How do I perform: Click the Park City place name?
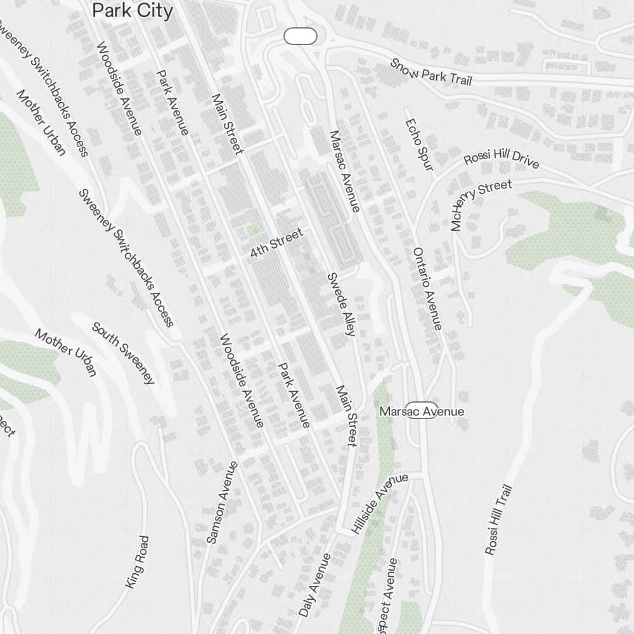133,11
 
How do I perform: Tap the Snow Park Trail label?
431,72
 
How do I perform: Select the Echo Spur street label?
419,145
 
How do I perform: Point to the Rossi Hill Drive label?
501,160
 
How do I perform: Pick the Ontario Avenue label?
427,288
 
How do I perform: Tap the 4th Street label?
276,243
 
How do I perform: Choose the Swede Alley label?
340,304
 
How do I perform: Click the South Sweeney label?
123,353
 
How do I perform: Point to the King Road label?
138,562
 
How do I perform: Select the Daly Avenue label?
314,585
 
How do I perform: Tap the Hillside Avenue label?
379,503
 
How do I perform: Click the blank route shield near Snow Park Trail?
301,37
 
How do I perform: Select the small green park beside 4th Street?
255,229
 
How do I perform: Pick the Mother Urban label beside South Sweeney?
66,352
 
